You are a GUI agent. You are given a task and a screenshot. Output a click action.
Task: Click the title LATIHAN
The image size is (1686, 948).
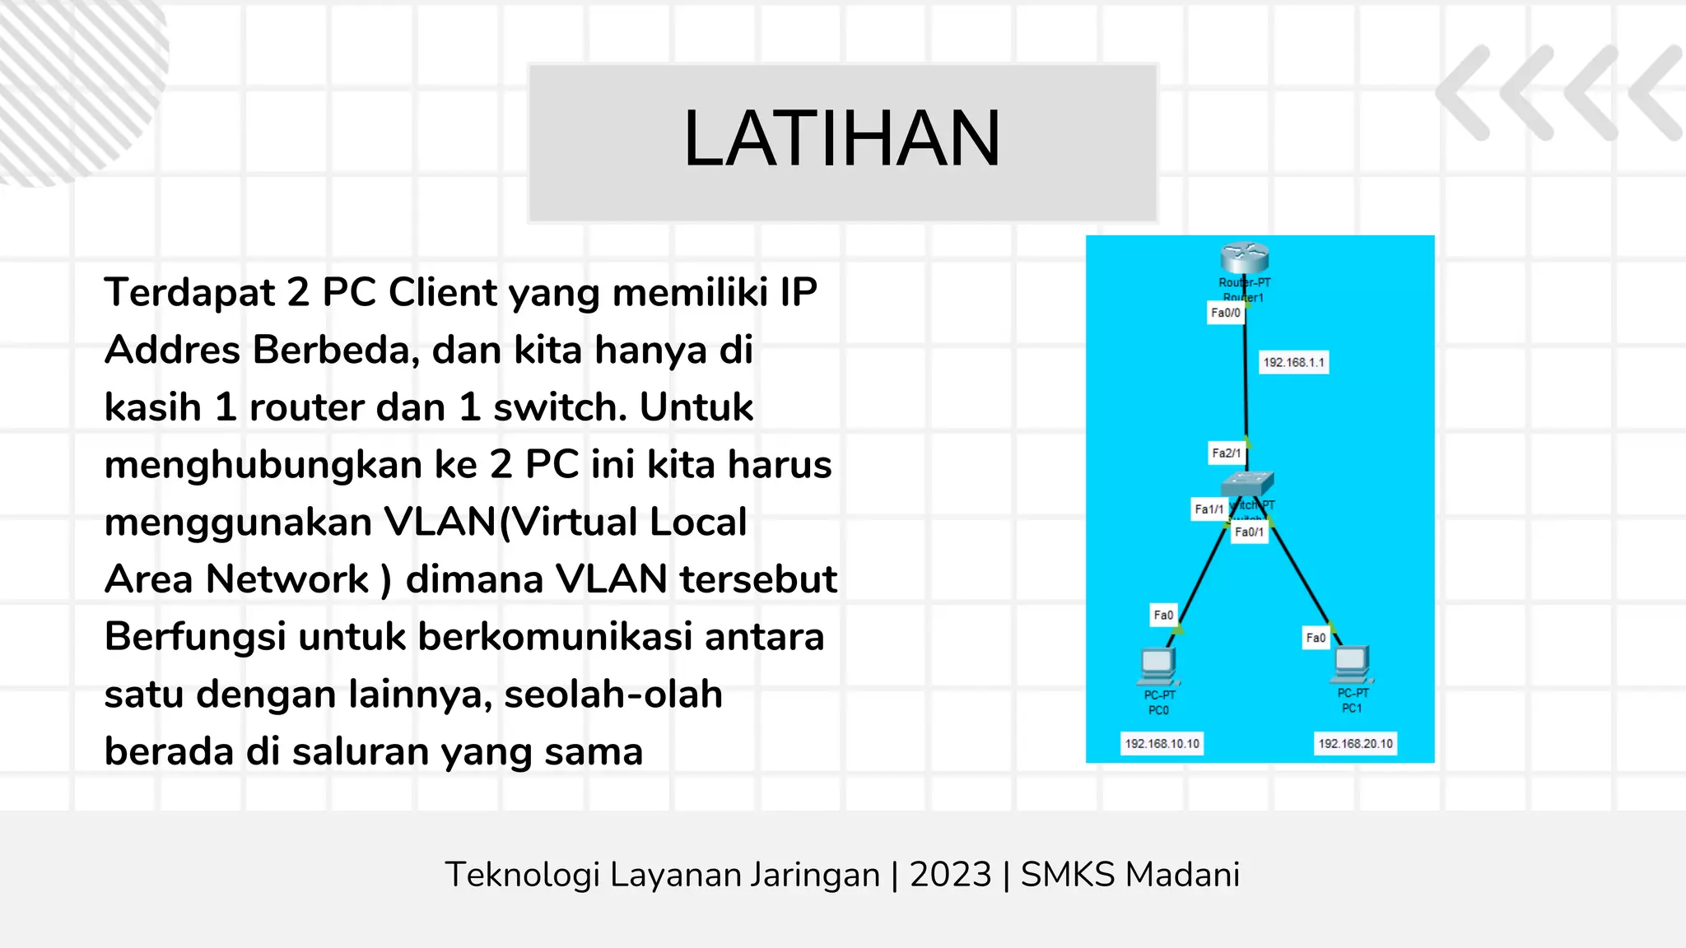(x=841, y=139)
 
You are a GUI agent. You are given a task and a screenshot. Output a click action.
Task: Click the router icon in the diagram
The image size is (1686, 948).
(x=1244, y=257)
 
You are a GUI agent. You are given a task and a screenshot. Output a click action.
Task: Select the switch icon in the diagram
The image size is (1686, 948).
(x=1247, y=483)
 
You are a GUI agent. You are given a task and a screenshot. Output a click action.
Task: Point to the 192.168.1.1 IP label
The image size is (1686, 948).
(x=1294, y=362)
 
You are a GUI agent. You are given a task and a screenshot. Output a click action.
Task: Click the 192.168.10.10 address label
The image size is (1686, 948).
(x=1162, y=743)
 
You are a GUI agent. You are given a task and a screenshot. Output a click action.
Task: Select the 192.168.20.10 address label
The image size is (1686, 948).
(x=1356, y=743)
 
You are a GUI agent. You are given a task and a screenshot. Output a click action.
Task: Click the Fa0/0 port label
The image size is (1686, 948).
(x=1226, y=313)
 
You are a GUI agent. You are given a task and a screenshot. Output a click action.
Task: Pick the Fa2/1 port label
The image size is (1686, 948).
(x=1227, y=453)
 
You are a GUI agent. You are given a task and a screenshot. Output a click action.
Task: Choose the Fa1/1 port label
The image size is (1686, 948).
(x=1209, y=509)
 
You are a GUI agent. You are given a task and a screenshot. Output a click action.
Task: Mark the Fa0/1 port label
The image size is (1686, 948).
(x=1249, y=532)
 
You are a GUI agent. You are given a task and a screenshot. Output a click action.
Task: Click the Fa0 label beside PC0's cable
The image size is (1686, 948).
(x=1163, y=615)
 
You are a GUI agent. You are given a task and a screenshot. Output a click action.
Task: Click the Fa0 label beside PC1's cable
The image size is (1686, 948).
(x=1316, y=638)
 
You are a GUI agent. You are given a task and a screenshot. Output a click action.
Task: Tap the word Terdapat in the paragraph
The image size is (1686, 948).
(x=189, y=292)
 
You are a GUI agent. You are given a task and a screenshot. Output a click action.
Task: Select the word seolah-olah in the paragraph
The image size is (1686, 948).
(x=613, y=694)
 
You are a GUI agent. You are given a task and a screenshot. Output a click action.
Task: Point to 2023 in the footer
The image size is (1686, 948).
(x=950, y=874)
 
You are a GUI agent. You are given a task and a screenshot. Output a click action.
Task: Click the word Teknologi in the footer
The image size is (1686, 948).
(x=522, y=875)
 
